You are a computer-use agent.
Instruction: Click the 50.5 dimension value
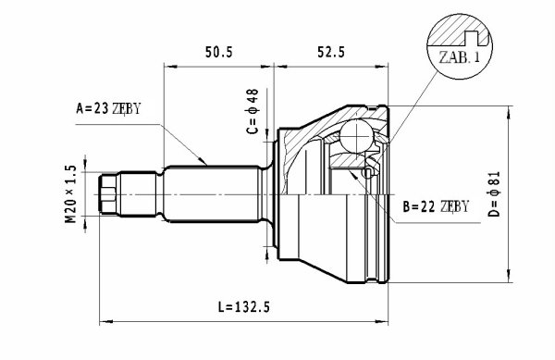(218, 53)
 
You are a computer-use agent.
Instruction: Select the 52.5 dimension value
(331, 53)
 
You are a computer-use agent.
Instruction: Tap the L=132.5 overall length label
(243, 307)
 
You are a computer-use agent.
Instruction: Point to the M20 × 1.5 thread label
(71, 194)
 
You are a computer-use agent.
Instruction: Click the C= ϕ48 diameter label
(253, 111)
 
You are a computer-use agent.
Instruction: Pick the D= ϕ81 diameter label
(493, 194)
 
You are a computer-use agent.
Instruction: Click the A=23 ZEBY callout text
(108, 108)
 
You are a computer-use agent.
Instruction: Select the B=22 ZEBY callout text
(436, 206)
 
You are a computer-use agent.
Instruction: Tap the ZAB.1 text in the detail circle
(459, 57)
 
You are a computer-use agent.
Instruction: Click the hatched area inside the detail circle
(450, 31)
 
